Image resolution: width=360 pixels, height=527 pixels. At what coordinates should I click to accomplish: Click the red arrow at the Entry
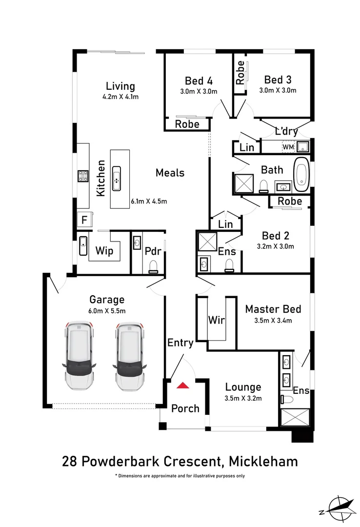tap(183, 385)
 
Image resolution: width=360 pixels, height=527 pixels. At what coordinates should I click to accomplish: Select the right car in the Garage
tap(129, 355)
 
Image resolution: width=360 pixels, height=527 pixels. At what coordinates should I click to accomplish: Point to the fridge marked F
tap(84, 220)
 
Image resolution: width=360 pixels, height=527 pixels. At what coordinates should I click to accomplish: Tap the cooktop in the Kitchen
tap(82, 176)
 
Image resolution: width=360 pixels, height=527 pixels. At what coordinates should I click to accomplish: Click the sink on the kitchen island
tap(117, 178)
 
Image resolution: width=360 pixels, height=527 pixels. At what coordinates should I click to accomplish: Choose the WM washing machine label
tap(288, 146)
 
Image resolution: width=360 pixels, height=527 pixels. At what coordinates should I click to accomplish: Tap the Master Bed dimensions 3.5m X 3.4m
tap(273, 321)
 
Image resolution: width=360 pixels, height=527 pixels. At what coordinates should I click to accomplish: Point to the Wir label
tap(216, 320)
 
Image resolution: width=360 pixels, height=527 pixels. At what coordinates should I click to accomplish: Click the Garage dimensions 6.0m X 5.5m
tap(107, 311)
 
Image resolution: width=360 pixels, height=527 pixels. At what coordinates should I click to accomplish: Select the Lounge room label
tap(243, 387)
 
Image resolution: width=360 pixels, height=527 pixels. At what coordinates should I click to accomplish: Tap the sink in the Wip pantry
tap(83, 246)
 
